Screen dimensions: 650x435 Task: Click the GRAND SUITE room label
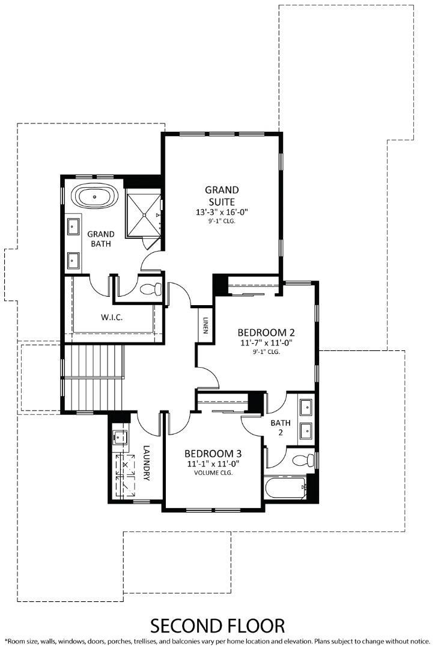click(222, 196)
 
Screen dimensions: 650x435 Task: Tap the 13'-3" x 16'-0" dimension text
click(222, 212)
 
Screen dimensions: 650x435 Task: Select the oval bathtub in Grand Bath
click(96, 197)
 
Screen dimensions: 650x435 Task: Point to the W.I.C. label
click(112, 317)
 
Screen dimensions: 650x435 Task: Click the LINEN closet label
click(205, 326)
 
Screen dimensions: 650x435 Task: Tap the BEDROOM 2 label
click(266, 332)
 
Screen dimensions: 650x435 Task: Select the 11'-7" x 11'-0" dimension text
click(266, 343)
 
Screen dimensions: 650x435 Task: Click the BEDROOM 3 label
click(213, 453)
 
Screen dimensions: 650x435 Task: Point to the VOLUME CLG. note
click(213, 472)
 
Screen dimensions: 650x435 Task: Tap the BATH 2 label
click(280, 427)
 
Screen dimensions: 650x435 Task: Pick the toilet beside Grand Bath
click(151, 288)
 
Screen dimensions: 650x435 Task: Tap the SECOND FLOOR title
click(217, 625)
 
